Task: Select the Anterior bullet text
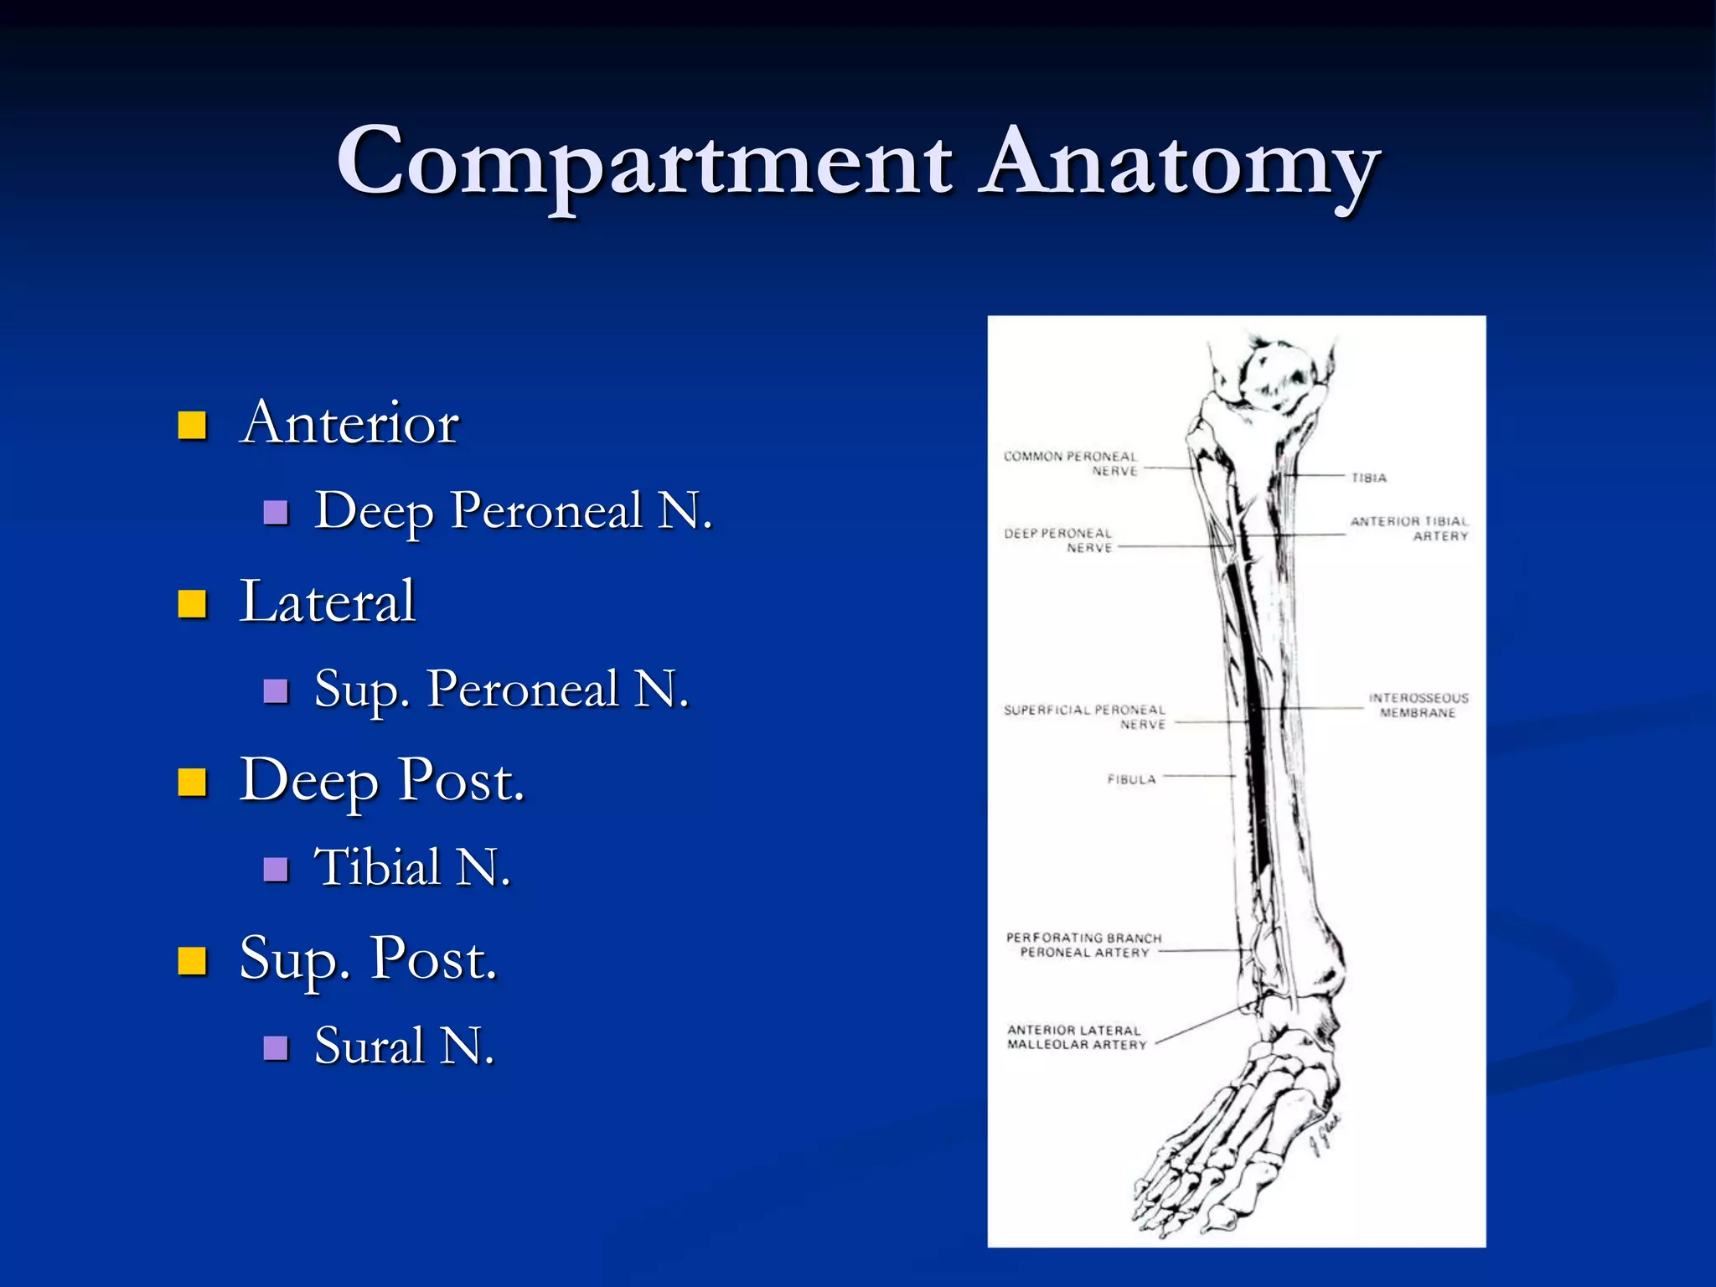click(x=349, y=422)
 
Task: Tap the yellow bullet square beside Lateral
click(x=193, y=603)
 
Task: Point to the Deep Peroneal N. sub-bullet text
click(x=513, y=510)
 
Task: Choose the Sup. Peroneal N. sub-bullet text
click(x=501, y=689)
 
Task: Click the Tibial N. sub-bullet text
click(x=411, y=866)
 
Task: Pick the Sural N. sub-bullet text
click(x=404, y=1046)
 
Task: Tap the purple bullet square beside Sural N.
click(x=276, y=1047)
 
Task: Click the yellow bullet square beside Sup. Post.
click(x=193, y=961)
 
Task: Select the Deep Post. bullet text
click(x=381, y=781)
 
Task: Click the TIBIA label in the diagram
click(x=1369, y=478)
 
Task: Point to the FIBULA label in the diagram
click(x=1131, y=779)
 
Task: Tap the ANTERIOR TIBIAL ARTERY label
click(x=1409, y=529)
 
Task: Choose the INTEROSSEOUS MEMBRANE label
click(x=1418, y=706)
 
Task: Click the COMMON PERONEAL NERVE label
click(x=1071, y=463)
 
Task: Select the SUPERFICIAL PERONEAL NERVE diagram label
click(x=1084, y=716)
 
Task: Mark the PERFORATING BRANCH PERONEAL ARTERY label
click(x=1084, y=945)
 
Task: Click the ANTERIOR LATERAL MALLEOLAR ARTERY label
click(x=1076, y=1037)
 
